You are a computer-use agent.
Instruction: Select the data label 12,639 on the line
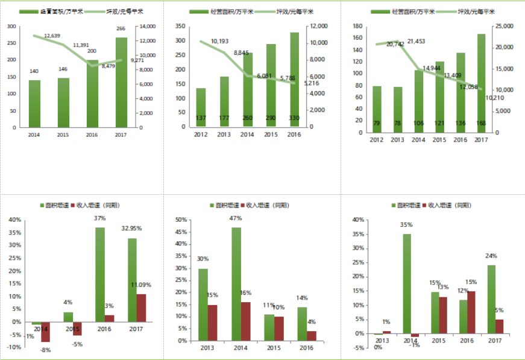[x=52, y=36]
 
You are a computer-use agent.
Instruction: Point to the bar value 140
[x=34, y=71]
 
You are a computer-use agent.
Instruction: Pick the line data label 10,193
[x=219, y=41]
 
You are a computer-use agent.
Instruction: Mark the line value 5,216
[x=307, y=83]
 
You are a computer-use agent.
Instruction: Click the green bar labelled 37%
[x=99, y=274]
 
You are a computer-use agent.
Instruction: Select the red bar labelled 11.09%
[x=141, y=308]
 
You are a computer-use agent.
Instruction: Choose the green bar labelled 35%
[x=407, y=284]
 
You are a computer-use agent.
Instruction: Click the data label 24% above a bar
[x=491, y=256]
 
